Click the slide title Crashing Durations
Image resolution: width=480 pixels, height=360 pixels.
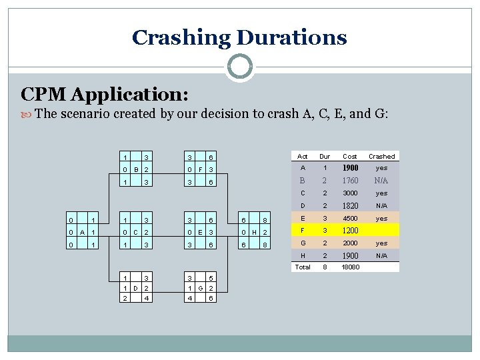point(239,37)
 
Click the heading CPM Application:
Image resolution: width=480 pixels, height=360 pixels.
point(105,94)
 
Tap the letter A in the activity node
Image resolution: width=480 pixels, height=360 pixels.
point(81,231)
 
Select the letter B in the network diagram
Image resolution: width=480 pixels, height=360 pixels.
point(135,169)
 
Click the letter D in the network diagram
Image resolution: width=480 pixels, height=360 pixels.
point(135,289)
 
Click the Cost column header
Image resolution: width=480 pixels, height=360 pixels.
point(350,156)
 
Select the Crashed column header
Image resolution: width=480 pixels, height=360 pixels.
point(381,156)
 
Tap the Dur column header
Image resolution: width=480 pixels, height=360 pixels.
point(325,156)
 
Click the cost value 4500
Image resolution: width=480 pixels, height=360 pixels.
point(350,218)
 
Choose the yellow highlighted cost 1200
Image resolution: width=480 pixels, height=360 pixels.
point(350,231)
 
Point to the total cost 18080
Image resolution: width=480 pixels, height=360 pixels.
point(350,267)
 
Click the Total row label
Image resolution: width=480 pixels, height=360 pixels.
point(303,267)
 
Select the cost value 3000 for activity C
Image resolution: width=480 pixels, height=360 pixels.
point(350,193)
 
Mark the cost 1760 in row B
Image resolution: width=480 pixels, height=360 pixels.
point(350,181)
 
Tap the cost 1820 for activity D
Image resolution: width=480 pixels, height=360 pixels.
point(350,206)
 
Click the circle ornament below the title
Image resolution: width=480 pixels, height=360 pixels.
point(239,67)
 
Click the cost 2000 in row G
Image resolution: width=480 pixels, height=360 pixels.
point(350,243)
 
